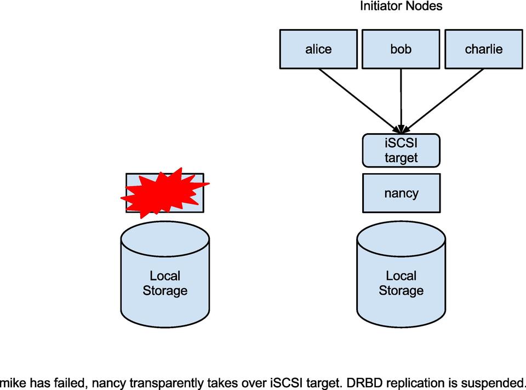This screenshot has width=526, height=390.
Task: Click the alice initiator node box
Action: (318, 49)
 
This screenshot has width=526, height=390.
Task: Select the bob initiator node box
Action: (401, 49)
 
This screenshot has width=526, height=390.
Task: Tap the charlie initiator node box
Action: (483, 49)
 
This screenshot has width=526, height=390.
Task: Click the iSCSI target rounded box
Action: (401, 151)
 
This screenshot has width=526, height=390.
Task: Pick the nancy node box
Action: (401, 193)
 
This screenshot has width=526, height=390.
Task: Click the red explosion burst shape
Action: (162, 193)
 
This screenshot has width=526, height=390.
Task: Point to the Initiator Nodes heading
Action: (401, 7)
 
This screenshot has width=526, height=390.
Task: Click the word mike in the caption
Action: (12, 382)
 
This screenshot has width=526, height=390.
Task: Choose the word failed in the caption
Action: (67, 382)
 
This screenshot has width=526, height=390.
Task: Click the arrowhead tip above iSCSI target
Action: (401, 131)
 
